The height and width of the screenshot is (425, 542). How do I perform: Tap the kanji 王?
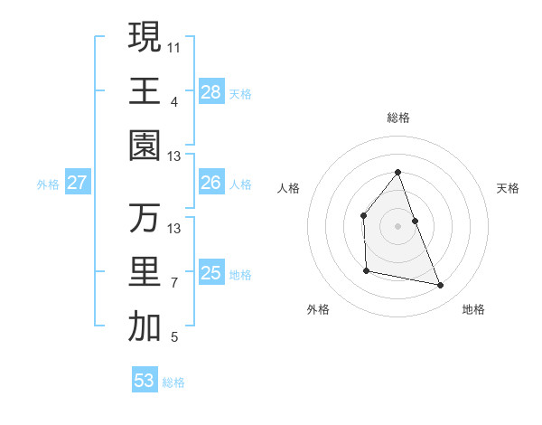pyautogui.click(x=145, y=90)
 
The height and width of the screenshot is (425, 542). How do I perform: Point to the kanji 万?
pyautogui.click(x=145, y=218)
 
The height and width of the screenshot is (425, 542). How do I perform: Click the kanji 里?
pyautogui.click(x=145, y=272)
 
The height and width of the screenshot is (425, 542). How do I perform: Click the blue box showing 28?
pyautogui.click(x=210, y=91)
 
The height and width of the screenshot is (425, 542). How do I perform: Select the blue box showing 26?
pyautogui.click(x=210, y=183)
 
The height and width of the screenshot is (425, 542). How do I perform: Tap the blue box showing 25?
pyautogui.click(x=210, y=273)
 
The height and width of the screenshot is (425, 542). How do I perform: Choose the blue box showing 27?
pyautogui.click(x=77, y=183)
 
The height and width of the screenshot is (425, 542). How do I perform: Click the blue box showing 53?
pyautogui.click(x=145, y=381)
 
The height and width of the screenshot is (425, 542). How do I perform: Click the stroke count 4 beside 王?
pyautogui.click(x=174, y=100)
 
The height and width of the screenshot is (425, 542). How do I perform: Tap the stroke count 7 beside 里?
pyautogui.click(x=174, y=283)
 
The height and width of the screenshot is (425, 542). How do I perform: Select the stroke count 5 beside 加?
pyautogui.click(x=174, y=338)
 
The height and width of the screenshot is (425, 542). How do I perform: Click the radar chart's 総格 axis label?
pyautogui.click(x=397, y=118)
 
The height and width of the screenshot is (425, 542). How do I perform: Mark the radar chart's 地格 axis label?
pyautogui.click(x=473, y=309)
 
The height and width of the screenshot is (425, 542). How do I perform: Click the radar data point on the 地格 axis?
pyautogui.click(x=441, y=286)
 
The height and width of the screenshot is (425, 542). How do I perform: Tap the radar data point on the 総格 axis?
pyautogui.click(x=397, y=172)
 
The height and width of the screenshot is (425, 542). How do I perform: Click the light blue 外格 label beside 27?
pyautogui.click(x=48, y=184)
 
